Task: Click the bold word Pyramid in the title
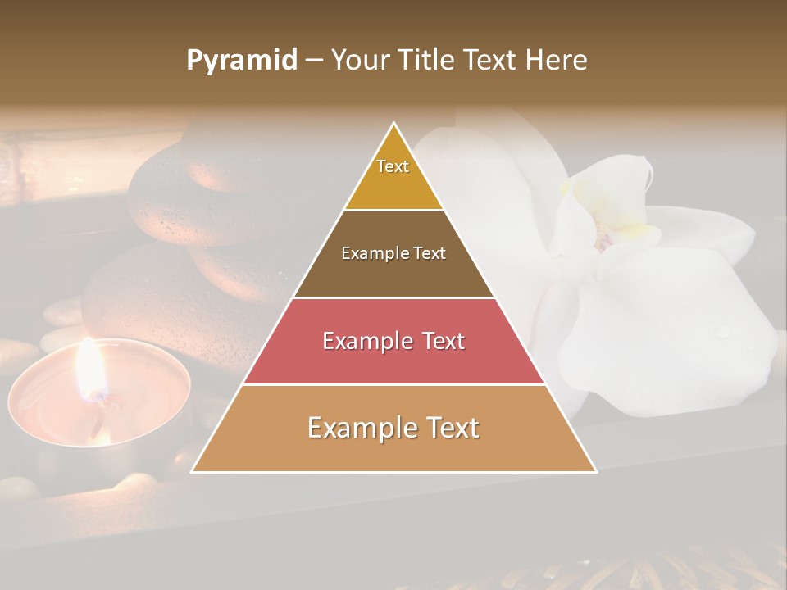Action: [241, 61]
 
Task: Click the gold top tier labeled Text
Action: [393, 176]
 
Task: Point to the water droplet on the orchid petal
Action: [722, 331]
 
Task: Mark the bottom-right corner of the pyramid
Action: [595, 471]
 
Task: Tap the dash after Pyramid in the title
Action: [314, 61]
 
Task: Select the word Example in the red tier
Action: [363, 341]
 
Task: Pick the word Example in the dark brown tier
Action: [371, 253]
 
